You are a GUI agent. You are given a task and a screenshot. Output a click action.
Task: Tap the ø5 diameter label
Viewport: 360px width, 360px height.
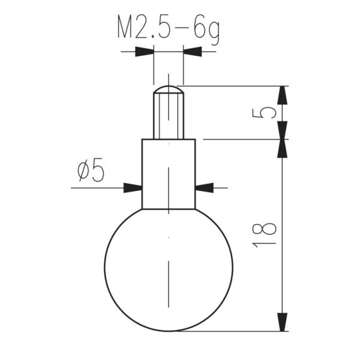(92, 172)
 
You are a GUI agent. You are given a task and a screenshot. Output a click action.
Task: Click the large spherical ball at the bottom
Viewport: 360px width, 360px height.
(168, 270)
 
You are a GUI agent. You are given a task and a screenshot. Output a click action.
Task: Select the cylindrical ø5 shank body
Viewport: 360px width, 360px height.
(168, 174)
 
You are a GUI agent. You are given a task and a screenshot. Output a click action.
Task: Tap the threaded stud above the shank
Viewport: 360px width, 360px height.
(168, 117)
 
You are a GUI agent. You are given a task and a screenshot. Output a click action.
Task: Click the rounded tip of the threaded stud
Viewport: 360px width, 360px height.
(168, 89)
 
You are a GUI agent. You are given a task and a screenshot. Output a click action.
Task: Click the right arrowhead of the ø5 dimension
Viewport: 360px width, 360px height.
(205, 188)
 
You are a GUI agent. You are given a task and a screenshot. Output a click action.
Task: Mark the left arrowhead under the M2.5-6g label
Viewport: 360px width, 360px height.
(145, 52)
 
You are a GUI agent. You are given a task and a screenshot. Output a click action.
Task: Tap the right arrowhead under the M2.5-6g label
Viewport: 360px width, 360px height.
(192, 52)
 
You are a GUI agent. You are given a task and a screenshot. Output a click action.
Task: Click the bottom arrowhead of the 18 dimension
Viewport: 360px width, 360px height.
(282, 322)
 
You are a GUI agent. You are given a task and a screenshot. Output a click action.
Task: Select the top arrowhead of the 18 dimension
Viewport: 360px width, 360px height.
(282, 149)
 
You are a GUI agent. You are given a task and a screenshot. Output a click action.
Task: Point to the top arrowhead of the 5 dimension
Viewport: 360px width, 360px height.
(282, 95)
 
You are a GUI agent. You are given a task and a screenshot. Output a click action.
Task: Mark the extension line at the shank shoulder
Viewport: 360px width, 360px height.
(240, 139)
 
